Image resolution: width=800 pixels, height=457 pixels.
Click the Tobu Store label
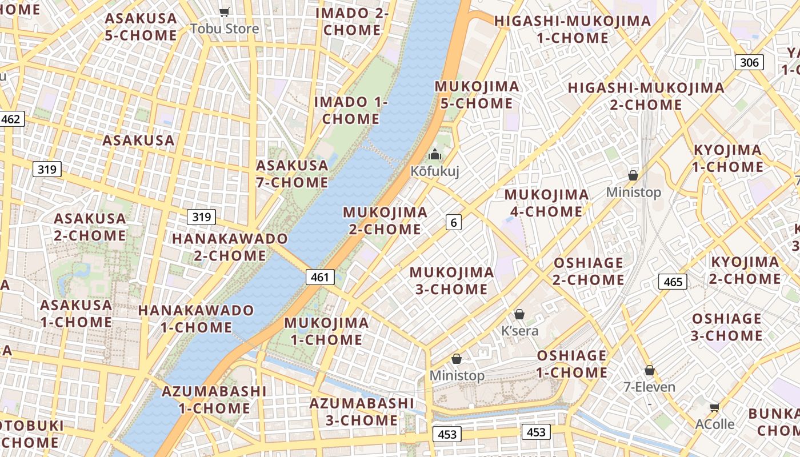point(225,29)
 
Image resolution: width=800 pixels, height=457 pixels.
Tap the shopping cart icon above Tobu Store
point(225,12)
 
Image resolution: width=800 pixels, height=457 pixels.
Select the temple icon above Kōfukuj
point(435,154)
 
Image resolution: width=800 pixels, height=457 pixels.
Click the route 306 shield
point(749,62)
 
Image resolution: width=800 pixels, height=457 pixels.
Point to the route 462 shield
point(11,119)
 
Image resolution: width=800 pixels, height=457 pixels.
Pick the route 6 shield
point(454,222)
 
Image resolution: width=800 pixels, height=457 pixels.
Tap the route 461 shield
point(320,277)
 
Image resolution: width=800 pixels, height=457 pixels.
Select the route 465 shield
point(673,282)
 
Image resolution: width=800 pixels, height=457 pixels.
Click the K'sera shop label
point(519,331)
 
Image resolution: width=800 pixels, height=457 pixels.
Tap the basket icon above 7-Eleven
point(649,370)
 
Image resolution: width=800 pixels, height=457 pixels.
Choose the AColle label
point(715,424)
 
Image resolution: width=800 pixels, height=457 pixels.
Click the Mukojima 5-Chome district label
point(477,95)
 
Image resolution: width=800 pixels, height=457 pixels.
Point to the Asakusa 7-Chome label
point(292,174)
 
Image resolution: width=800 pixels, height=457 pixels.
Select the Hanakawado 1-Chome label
point(196,319)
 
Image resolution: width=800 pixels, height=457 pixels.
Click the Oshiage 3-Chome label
point(726,327)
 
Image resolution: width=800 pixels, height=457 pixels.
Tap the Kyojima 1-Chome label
point(727,158)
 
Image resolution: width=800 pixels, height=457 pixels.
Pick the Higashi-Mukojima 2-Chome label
point(646,96)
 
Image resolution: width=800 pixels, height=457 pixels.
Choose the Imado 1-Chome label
point(351,110)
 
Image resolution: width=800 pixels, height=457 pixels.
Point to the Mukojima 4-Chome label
point(546,203)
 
